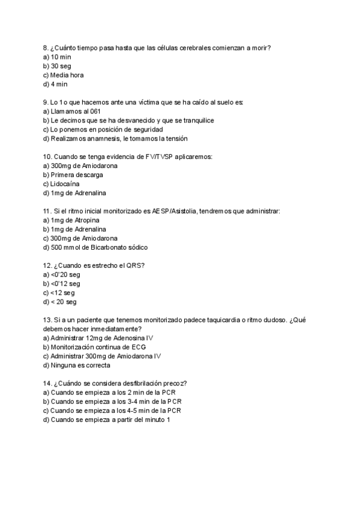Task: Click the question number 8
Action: tap(46, 48)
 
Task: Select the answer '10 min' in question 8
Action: tap(61, 57)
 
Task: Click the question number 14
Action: tap(47, 383)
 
